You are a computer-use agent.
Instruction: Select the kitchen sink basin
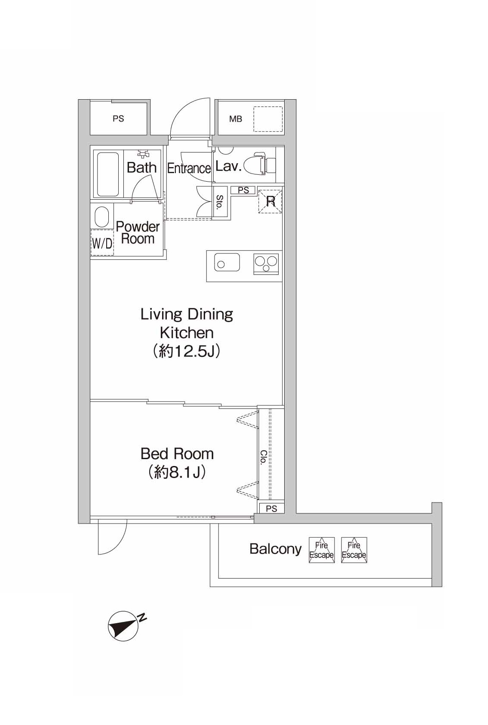pos(227,262)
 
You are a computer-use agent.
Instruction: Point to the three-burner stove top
pos(266,264)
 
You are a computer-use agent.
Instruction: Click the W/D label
pos(102,243)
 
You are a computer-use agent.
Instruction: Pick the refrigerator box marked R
pos(270,201)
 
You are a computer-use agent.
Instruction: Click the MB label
pos(236,119)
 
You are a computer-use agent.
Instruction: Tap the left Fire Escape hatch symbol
pos(322,550)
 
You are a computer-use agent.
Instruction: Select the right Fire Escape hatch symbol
pos(354,550)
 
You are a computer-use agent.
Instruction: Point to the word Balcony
pos(276,549)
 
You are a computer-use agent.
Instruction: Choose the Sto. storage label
pos(220,201)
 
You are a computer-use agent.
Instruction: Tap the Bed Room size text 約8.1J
pos(177,473)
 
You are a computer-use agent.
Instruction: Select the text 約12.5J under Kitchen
pos(187,351)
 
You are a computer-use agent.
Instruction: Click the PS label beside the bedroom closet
pos(272,509)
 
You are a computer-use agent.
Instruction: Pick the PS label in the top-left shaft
pos(118,119)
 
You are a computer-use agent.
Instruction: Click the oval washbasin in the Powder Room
pos(102,217)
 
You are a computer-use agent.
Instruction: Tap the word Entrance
pos(189,168)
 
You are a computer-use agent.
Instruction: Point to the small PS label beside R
pos(243,190)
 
